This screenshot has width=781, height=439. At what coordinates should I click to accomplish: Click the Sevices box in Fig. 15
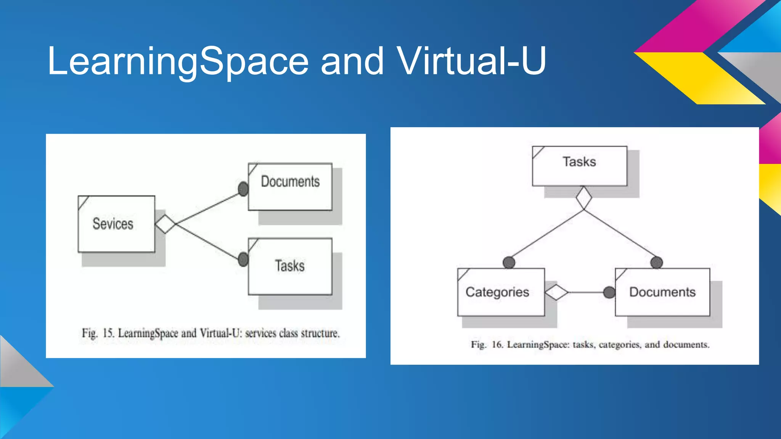pyautogui.click(x=116, y=224)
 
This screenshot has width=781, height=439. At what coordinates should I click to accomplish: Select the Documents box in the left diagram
pyautogui.click(x=290, y=187)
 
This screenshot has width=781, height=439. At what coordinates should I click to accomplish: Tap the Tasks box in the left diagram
pyautogui.click(x=290, y=266)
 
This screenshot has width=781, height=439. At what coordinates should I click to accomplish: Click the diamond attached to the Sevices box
pyautogui.click(x=165, y=224)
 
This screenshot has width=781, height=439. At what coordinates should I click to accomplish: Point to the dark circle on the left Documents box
pyautogui.click(x=243, y=189)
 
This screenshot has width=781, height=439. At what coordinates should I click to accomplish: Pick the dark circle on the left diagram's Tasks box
pyautogui.click(x=243, y=260)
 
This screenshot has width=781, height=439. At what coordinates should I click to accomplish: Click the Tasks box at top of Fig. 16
pyautogui.click(x=579, y=166)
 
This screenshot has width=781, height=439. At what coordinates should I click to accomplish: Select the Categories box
pyautogui.click(x=501, y=292)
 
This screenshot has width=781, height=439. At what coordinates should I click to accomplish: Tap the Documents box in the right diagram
pyautogui.click(x=662, y=292)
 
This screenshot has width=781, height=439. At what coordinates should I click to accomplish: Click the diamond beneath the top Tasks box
pyautogui.click(x=583, y=198)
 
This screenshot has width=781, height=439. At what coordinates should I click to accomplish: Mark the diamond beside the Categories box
pyautogui.click(x=556, y=292)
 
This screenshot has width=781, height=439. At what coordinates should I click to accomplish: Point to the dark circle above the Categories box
pyautogui.click(x=509, y=262)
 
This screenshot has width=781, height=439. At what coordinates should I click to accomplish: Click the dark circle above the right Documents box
pyautogui.click(x=656, y=262)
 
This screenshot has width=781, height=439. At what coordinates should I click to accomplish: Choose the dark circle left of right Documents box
pyautogui.click(x=609, y=292)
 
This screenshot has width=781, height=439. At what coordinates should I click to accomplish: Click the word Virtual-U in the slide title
pyautogui.click(x=471, y=61)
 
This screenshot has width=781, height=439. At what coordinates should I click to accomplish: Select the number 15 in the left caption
pyautogui.click(x=108, y=333)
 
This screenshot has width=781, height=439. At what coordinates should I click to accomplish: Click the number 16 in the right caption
pyautogui.click(x=497, y=344)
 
